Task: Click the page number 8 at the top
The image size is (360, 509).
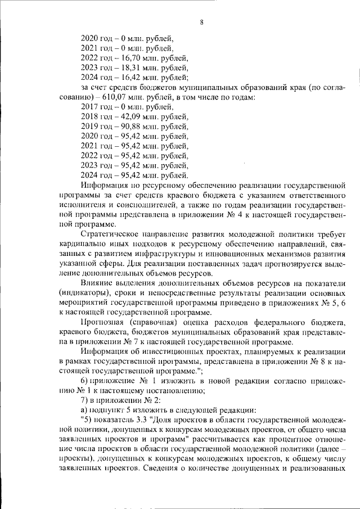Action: click(201, 22)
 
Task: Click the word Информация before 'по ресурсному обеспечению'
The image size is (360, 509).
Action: click(105, 186)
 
